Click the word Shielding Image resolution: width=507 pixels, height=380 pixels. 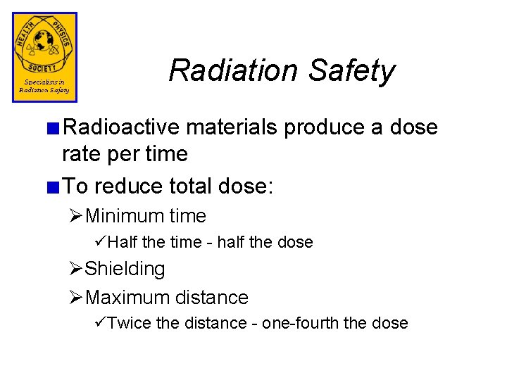125,269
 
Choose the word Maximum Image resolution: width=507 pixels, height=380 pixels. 123,298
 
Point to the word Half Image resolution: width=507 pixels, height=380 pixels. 123,243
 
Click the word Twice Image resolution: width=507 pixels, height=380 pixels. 127,323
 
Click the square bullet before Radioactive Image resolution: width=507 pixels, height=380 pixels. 54,128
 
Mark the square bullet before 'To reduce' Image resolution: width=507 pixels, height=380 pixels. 54,186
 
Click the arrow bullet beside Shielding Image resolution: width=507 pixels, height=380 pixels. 77,269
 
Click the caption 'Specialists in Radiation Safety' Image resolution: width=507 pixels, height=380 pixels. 44,87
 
